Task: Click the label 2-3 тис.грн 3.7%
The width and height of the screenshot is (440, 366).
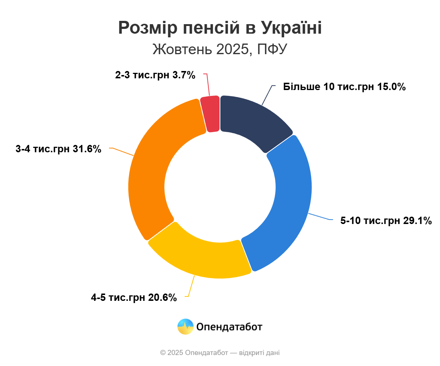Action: (155, 75)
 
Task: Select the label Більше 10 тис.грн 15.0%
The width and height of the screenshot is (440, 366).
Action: (344, 87)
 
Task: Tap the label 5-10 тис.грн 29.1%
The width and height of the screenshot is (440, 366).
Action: (386, 221)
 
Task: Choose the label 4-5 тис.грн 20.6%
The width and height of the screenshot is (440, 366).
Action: (134, 297)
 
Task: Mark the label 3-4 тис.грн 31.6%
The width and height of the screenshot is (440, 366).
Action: (58, 149)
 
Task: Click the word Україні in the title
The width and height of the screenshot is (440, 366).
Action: (291, 28)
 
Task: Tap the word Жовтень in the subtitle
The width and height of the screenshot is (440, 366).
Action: (176, 49)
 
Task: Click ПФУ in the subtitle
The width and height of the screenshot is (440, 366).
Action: (272, 49)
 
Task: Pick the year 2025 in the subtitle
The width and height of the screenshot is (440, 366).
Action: (232, 49)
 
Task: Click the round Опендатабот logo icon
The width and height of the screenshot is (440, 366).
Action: (185, 326)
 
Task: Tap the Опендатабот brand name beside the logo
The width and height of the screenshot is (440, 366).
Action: (229, 326)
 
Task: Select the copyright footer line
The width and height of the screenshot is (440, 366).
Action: (220, 353)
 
